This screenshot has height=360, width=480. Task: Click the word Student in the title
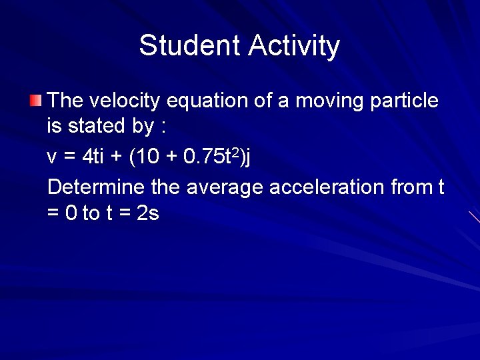[190, 46]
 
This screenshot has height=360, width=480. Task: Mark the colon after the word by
[162, 127]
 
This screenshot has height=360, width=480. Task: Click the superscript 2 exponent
[234, 152]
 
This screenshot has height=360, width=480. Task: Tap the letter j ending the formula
[248, 157]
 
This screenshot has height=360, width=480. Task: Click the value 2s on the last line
[147, 214]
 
